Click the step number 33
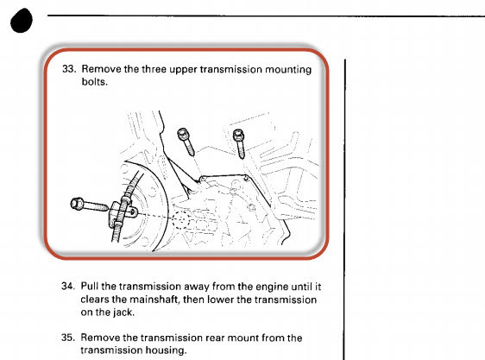click(x=69, y=69)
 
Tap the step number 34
click(x=68, y=286)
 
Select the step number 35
click(x=68, y=338)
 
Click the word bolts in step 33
click(x=94, y=82)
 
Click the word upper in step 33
click(x=183, y=70)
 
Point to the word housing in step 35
click(x=166, y=351)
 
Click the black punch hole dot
click(x=22, y=21)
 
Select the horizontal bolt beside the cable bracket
click(x=89, y=205)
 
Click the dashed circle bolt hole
click(x=180, y=219)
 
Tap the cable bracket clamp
click(x=123, y=213)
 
